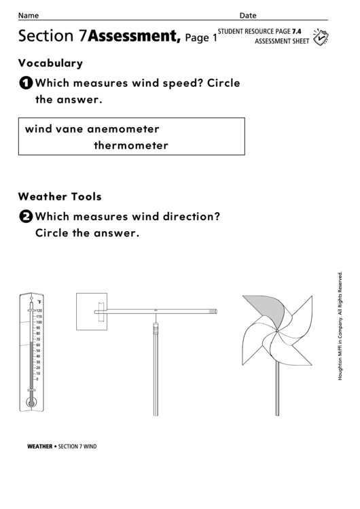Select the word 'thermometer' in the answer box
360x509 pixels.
point(130,145)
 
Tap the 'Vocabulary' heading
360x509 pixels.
point(50,63)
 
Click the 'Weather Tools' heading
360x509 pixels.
point(60,196)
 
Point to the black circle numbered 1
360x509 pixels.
point(25,84)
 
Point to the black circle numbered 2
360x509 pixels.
point(25,217)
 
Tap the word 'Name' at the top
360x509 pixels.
point(28,16)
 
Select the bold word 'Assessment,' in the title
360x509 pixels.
point(134,37)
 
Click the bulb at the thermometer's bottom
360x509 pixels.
point(31,402)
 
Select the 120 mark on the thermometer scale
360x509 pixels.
point(39,311)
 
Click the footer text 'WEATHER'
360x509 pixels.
point(39,446)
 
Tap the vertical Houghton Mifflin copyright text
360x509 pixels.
point(340,326)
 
